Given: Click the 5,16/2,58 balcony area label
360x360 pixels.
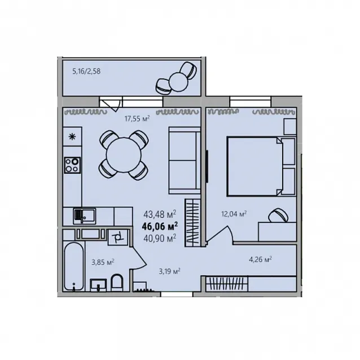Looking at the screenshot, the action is (x=86, y=71).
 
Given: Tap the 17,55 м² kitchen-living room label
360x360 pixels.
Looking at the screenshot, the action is (x=137, y=118).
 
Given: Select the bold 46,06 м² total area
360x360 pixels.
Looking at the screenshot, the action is (x=160, y=226).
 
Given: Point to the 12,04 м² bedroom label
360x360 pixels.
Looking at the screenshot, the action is (x=234, y=214).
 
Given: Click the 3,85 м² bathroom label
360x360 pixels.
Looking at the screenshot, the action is (x=103, y=262).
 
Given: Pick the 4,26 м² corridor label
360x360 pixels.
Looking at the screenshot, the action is (x=260, y=260).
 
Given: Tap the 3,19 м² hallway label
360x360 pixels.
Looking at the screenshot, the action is (x=169, y=271).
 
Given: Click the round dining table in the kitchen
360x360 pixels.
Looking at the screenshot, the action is (x=124, y=155).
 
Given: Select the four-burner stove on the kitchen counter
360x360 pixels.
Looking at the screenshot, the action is (x=72, y=165).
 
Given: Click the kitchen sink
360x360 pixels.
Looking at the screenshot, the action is (x=84, y=216).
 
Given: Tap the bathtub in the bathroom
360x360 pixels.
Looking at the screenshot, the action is (x=73, y=266).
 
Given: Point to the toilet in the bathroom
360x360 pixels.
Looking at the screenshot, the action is (x=117, y=283).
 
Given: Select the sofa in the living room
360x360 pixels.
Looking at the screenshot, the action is (x=185, y=161).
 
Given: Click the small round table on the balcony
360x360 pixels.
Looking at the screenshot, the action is (x=178, y=82).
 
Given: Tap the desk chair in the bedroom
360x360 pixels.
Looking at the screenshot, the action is (x=278, y=215).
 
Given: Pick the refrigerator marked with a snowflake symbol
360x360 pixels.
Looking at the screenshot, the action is (x=72, y=137).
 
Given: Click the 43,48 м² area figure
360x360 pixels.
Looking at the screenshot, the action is (x=160, y=214).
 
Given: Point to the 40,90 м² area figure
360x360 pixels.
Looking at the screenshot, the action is (x=160, y=238).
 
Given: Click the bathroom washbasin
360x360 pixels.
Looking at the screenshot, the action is (x=98, y=285).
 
